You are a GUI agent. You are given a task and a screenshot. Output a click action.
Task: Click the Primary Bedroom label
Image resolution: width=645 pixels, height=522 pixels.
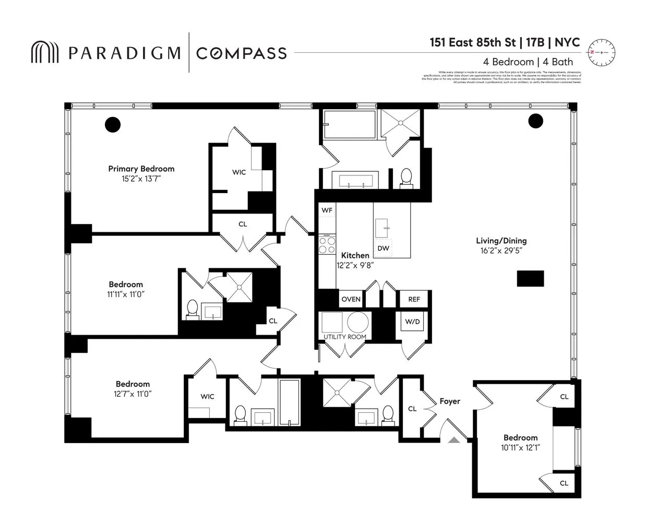pyautogui.click(x=141, y=169)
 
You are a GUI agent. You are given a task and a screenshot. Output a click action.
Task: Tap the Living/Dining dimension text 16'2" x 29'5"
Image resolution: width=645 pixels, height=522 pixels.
pyautogui.click(x=501, y=251)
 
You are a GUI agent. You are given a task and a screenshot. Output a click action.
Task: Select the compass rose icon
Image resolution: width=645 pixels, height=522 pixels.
pyautogui.click(x=601, y=53)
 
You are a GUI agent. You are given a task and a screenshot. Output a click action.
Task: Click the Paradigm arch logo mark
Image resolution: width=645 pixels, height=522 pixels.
pyautogui.click(x=45, y=53)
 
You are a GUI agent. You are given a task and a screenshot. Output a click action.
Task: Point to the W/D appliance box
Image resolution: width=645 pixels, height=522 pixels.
pyautogui.click(x=412, y=322)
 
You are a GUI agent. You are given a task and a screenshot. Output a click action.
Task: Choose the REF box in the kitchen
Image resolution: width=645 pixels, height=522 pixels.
pyautogui.click(x=414, y=299)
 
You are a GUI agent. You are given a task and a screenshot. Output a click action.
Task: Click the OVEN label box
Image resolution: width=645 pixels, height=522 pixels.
pyautogui.click(x=351, y=299)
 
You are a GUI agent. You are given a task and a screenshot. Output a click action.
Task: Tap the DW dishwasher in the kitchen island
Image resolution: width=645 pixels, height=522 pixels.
pyautogui.click(x=383, y=248)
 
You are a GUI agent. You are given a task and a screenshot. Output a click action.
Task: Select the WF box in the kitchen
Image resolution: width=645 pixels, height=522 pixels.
pyautogui.click(x=327, y=210)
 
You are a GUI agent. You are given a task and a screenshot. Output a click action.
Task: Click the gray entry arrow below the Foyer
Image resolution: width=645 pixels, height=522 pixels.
pyautogui.click(x=454, y=440)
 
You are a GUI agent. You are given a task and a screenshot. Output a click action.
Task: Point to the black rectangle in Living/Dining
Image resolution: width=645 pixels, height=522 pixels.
pyautogui.click(x=530, y=278)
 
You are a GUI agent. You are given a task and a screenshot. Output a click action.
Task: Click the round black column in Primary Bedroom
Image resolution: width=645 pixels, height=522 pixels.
pyautogui.click(x=113, y=125)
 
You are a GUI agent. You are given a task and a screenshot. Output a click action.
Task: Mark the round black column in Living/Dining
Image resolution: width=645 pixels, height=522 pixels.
pyautogui.click(x=535, y=121)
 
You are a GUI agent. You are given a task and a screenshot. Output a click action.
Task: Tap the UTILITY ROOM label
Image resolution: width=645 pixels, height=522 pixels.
pyautogui.click(x=344, y=337)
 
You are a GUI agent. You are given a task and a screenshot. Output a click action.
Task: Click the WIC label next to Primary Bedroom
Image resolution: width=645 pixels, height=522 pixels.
pyautogui.click(x=239, y=172)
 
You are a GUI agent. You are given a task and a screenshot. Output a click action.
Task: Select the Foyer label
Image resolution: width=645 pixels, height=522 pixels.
pyautogui.click(x=449, y=401)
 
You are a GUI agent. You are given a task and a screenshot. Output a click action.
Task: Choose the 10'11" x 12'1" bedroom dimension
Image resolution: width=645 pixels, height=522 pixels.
pyautogui.click(x=520, y=447)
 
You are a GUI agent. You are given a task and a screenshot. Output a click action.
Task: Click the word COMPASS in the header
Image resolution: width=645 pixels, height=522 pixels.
pyautogui.click(x=241, y=53)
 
